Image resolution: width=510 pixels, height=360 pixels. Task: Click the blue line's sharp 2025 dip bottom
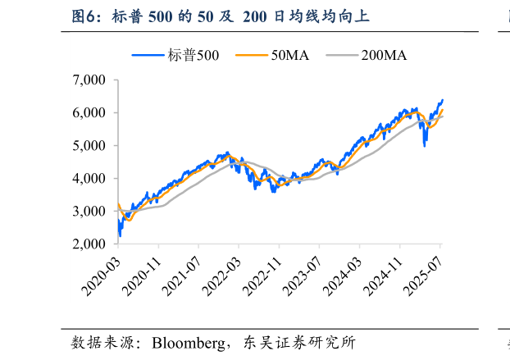[425, 145]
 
